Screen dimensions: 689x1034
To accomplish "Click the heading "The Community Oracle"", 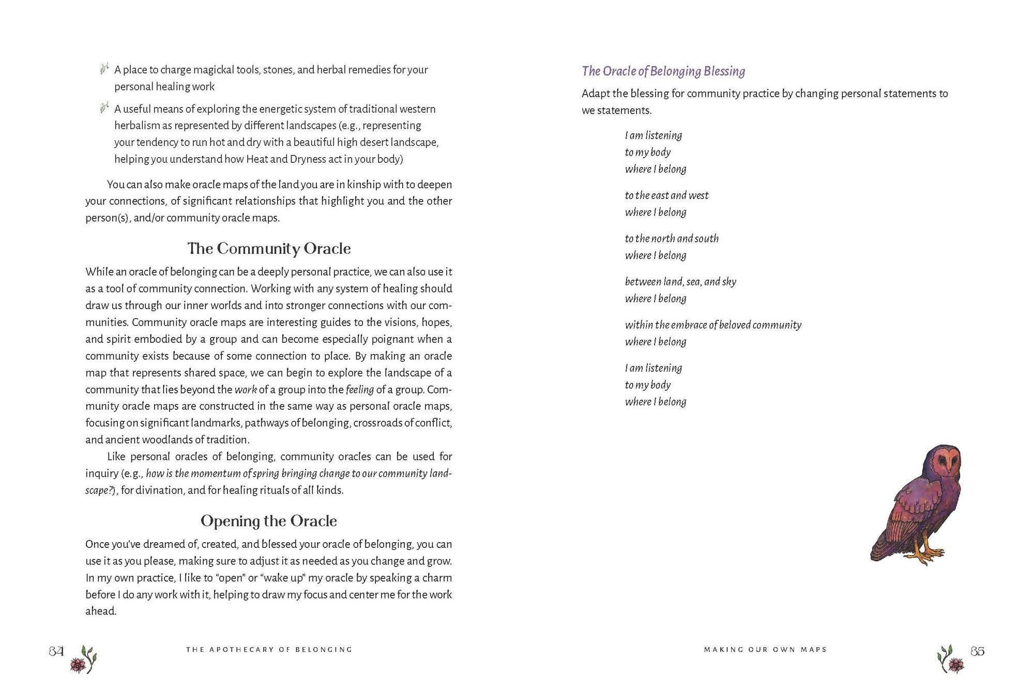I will (x=269, y=249).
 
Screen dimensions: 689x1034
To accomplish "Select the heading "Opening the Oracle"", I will (x=269, y=521).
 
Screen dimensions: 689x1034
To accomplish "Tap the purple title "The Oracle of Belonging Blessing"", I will (x=663, y=71).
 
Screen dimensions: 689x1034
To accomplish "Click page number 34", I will (x=56, y=651).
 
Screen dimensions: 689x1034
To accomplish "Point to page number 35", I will (x=977, y=651).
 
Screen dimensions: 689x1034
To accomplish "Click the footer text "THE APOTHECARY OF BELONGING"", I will (x=269, y=650).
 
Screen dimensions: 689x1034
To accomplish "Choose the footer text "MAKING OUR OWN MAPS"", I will (x=765, y=650).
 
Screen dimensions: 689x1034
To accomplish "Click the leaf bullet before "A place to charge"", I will (x=104, y=69).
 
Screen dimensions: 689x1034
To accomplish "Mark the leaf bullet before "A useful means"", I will (x=104, y=108).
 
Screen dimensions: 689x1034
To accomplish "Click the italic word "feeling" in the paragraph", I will (x=359, y=390).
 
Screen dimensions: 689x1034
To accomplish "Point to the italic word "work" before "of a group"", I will (x=246, y=390).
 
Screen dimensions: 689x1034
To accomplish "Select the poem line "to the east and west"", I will (x=666, y=195).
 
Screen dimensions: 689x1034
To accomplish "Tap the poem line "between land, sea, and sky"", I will (x=680, y=282).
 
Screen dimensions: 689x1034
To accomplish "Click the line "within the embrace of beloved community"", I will (x=713, y=325).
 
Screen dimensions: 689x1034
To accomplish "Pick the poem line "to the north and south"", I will (x=672, y=239).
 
